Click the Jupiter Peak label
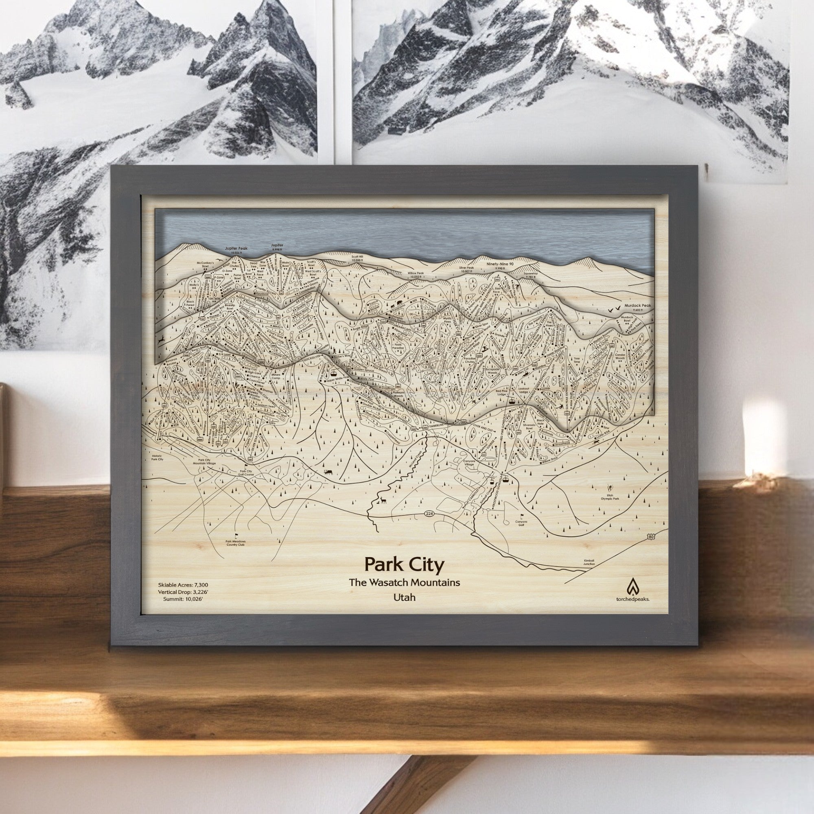pos(237,249)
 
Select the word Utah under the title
pos(404,597)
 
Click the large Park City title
pos(404,563)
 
